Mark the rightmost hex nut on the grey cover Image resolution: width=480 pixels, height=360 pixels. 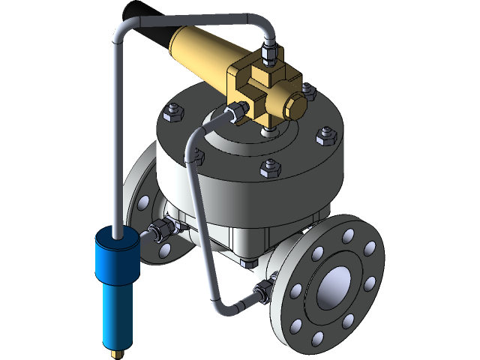(x=325, y=136)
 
